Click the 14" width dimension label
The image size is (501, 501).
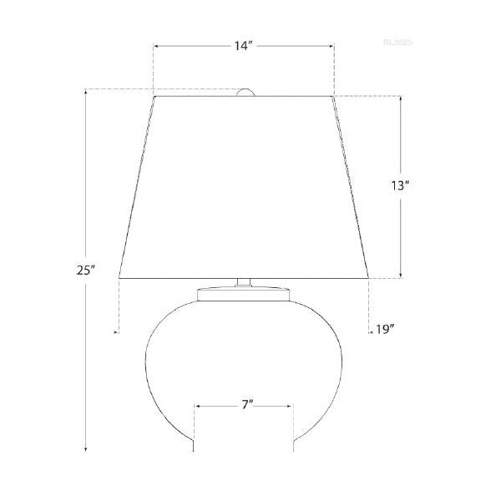click(x=243, y=48)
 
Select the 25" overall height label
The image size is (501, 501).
click(x=87, y=270)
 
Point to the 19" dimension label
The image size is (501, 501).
click(x=385, y=328)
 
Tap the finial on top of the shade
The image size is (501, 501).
click(x=244, y=93)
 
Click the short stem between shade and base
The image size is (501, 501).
click(x=244, y=283)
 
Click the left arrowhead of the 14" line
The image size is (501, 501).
click(x=155, y=48)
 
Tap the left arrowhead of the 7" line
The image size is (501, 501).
click(x=196, y=406)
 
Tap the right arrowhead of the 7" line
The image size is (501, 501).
click(x=292, y=406)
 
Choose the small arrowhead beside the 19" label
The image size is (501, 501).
click(x=369, y=331)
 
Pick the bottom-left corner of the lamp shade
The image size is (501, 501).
click(x=119, y=277)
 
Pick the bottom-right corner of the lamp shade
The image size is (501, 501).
click(x=370, y=277)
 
